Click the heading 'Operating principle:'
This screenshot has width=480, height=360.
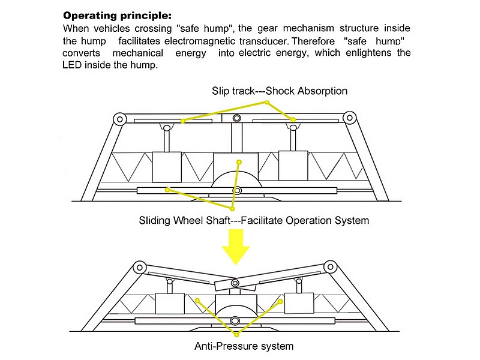point(117,16)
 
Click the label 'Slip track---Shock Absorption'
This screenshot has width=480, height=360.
point(280,91)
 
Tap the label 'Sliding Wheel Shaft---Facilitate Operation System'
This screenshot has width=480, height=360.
point(254,220)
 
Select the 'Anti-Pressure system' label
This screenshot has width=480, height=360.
point(244,346)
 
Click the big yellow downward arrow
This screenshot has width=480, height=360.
point(236,247)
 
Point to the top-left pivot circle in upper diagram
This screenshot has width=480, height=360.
point(119,119)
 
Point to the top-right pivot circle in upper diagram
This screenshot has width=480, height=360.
point(350,118)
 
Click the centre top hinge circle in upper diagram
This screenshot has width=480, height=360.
point(236,118)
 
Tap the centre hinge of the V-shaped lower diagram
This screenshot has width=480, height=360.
point(235,283)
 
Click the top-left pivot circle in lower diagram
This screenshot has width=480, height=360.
point(140,267)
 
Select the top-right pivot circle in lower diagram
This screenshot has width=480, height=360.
point(331,266)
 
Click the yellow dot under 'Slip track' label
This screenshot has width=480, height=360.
point(267,102)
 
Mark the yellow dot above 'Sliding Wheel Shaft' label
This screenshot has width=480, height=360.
point(232,209)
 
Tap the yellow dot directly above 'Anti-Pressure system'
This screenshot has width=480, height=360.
point(236,335)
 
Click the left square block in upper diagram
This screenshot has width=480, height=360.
point(167,167)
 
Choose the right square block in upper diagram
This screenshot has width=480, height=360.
point(293,166)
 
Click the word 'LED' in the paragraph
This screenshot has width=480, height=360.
point(72,65)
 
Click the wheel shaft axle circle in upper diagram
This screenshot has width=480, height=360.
point(237,191)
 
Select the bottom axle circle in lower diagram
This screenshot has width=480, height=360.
point(235,321)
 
